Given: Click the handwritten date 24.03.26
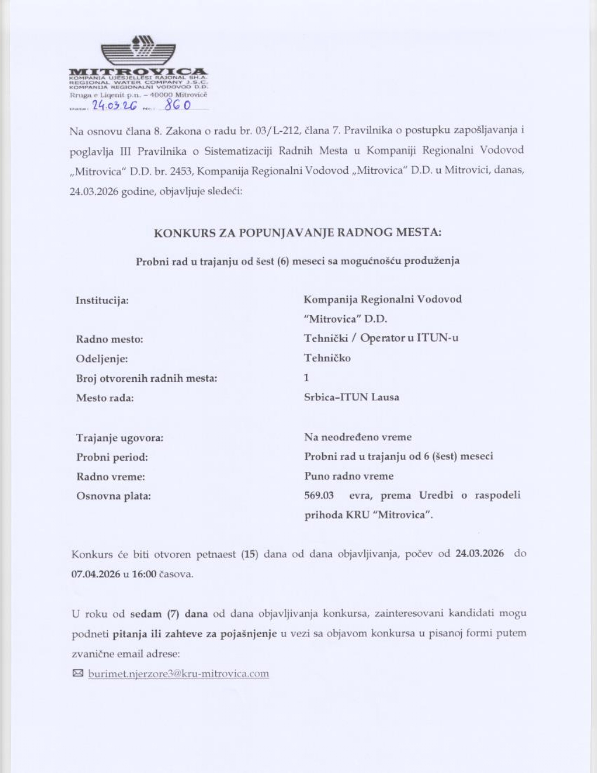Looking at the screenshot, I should (x=114, y=106).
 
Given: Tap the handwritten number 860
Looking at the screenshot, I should (x=178, y=105).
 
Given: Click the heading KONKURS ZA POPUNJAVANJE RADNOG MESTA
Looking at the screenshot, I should (x=297, y=232).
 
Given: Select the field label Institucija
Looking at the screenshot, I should (x=102, y=300).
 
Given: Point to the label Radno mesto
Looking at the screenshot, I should (x=109, y=339).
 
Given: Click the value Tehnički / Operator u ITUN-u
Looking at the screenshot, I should (x=381, y=338).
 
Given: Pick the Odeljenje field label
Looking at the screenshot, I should (x=102, y=359).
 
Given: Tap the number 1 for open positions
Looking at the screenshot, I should (x=306, y=378).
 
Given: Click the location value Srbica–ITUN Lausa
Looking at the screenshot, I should (x=351, y=397).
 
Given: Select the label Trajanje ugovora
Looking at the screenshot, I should (x=120, y=438).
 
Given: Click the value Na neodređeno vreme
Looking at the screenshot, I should (x=358, y=437).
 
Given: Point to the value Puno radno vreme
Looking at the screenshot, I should (x=349, y=476).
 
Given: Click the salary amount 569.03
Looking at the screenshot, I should (x=319, y=495).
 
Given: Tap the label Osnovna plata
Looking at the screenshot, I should (x=113, y=496).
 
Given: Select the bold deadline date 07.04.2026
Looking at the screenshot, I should (x=96, y=574).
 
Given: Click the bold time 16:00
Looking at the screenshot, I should (x=144, y=574).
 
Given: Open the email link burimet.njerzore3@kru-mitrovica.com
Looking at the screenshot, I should (x=178, y=674).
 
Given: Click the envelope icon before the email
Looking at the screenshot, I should (x=78, y=673).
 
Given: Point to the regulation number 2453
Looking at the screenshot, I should (x=182, y=171).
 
